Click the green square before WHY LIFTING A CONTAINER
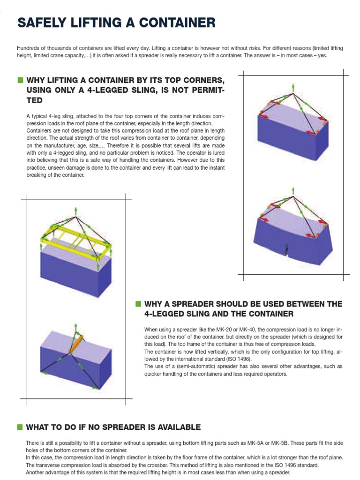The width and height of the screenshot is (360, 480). coord(20,80)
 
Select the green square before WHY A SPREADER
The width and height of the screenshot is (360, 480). coord(138,304)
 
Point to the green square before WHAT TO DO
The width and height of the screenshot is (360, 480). coord(20,427)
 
